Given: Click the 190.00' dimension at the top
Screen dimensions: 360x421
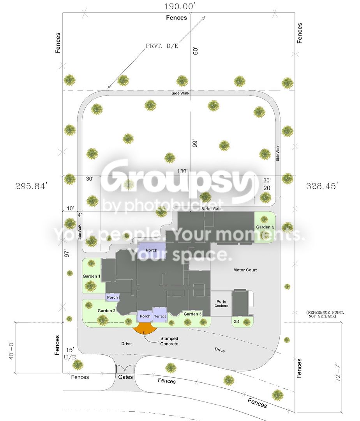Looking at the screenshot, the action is click(x=179, y=7).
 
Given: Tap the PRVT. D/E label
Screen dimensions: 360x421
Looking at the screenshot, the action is click(x=162, y=46).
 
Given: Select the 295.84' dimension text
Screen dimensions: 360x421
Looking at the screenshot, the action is click(x=32, y=186).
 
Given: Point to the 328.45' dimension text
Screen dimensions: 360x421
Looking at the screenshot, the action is click(x=322, y=186).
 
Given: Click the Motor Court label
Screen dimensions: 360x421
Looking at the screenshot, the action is click(x=245, y=270).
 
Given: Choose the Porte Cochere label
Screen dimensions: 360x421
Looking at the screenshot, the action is click(x=221, y=303).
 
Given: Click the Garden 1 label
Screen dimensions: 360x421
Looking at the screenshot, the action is click(x=92, y=276).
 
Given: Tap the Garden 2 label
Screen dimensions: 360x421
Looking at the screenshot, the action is click(x=106, y=311).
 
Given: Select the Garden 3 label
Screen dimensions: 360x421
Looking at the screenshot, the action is click(x=192, y=314).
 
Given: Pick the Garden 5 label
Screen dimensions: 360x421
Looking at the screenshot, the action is click(x=265, y=227).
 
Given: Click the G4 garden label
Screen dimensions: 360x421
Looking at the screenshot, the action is click(x=236, y=321).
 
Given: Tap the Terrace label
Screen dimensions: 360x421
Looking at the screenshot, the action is click(x=160, y=316).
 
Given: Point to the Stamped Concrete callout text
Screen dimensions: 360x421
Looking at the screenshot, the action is click(x=169, y=341).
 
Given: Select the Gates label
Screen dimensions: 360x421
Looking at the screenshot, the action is click(x=125, y=377).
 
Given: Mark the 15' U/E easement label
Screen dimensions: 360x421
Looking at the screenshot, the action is click(x=70, y=354).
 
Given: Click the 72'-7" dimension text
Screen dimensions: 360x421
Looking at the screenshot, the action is click(x=338, y=372).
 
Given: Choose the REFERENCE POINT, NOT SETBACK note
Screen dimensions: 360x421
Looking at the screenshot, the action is click(x=325, y=314).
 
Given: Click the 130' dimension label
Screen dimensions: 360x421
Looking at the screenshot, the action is click(x=182, y=171).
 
